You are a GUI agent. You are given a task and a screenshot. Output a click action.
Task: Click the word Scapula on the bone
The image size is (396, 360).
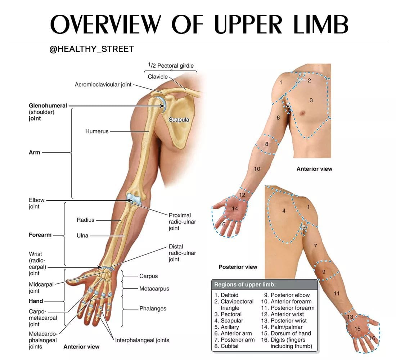[x=179, y=120]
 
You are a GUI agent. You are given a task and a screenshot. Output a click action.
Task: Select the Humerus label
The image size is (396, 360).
[x=97, y=131]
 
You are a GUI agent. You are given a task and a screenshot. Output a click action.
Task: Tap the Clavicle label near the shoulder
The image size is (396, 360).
[x=158, y=77]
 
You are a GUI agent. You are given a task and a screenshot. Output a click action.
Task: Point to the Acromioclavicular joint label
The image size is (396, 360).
[x=103, y=85]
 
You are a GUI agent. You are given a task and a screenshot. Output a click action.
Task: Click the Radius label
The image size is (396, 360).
[x=85, y=220]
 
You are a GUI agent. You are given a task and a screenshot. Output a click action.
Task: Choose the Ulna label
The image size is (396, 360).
[x=82, y=236]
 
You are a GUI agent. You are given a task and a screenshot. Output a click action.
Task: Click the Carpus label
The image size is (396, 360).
[x=148, y=276]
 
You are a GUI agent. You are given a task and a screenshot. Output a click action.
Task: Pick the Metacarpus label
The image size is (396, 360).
[x=154, y=288]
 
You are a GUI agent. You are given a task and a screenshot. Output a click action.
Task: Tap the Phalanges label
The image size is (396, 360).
[x=153, y=309]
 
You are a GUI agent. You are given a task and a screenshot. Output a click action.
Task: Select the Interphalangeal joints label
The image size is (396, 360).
[x=142, y=340]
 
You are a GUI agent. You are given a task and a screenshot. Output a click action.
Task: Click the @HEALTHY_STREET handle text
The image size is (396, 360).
[x=92, y=49]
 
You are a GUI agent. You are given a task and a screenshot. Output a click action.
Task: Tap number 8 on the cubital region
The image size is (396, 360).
[x=267, y=144]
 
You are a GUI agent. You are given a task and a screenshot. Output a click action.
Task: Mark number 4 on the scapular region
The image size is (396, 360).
[x=284, y=211]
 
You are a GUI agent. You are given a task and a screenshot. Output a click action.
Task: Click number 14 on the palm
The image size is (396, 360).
[x=235, y=208]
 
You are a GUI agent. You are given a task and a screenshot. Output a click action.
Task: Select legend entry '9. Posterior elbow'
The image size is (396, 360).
[x=287, y=295]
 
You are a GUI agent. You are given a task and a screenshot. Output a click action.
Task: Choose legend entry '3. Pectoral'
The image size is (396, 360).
[x=228, y=314]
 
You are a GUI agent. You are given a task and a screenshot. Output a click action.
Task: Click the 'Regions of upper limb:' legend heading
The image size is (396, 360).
[x=245, y=285]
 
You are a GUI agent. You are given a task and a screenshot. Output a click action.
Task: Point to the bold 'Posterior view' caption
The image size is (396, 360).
[x=238, y=267]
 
